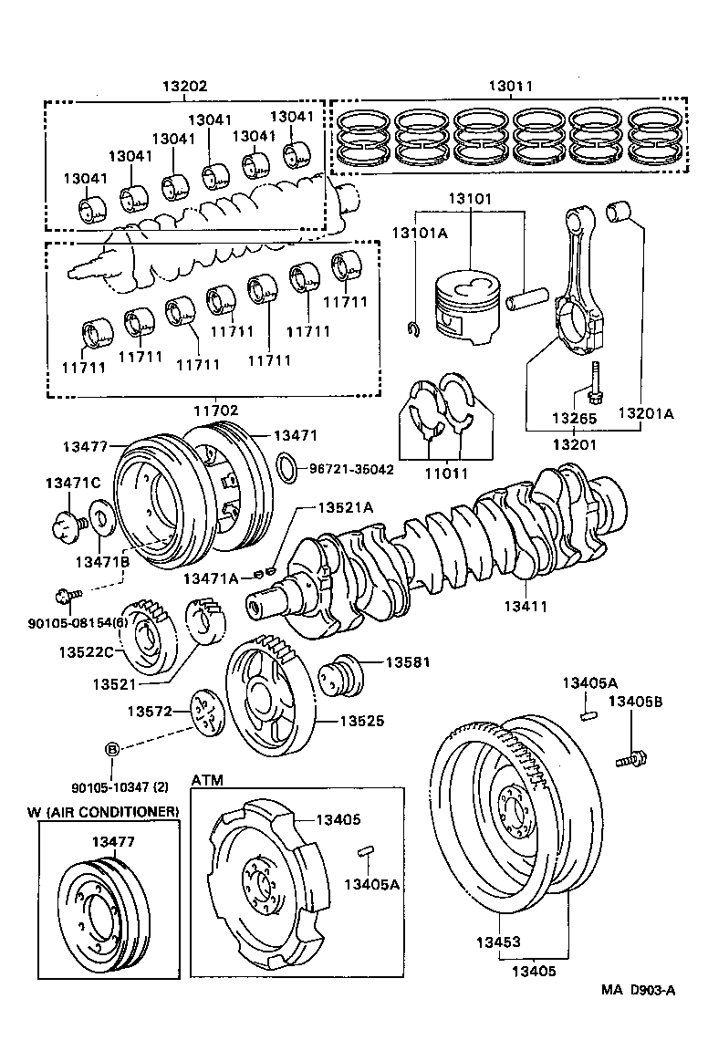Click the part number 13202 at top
click(x=185, y=87)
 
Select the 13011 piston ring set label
click(x=511, y=87)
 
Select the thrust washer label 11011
click(x=447, y=474)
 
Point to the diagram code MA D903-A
click(x=638, y=991)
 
